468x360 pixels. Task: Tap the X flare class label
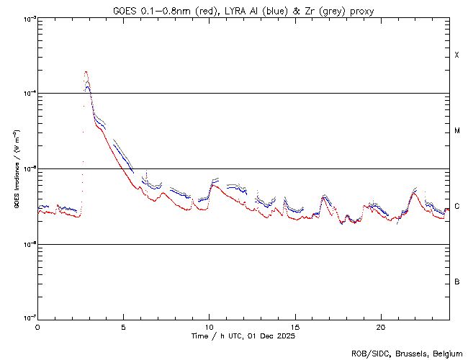click(457, 55)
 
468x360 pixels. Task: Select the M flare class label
click(457, 131)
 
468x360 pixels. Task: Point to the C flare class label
click(457, 207)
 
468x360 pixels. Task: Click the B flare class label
click(457, 282)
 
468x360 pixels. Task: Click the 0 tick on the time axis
click(37, 326)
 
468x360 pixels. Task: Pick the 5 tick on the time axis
click(123, 326)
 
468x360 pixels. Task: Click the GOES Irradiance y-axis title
click(16, 169)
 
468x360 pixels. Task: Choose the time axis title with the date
click(243, 336)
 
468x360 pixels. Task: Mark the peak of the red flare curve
click(86, 71)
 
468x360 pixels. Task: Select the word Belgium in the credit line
click(446, 353)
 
